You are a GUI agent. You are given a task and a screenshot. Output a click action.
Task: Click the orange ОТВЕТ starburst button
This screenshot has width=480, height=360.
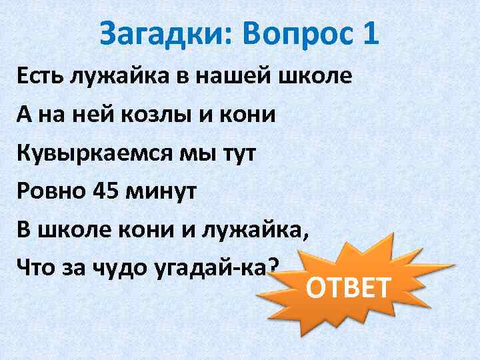click(x=347, y=287)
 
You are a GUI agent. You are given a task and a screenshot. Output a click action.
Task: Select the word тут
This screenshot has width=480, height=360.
click(x=237, y=153)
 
